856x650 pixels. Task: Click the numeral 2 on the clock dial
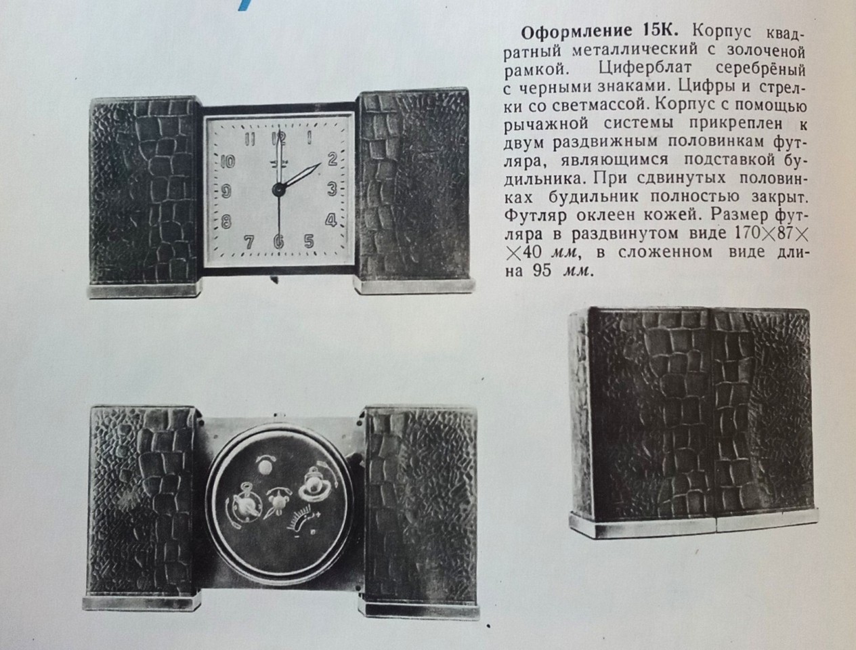[x=332, y=158]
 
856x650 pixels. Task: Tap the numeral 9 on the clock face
[x=226, y=192]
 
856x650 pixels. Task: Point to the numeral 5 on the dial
[x=309, y=241]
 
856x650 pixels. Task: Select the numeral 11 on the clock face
[x=250, y=139]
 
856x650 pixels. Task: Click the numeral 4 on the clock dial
[x=330, y=220]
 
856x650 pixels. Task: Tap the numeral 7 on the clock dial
[x=249, y=242]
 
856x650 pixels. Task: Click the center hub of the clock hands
[x=278, y=190]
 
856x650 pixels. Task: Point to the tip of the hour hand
[x=320, y=163]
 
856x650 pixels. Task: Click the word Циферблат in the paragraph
[x=645, y=69]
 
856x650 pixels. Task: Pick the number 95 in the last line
[x=542, y=270]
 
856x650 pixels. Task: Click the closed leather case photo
[x=693, y=422]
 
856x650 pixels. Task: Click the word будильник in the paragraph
[x=593, y=197]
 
